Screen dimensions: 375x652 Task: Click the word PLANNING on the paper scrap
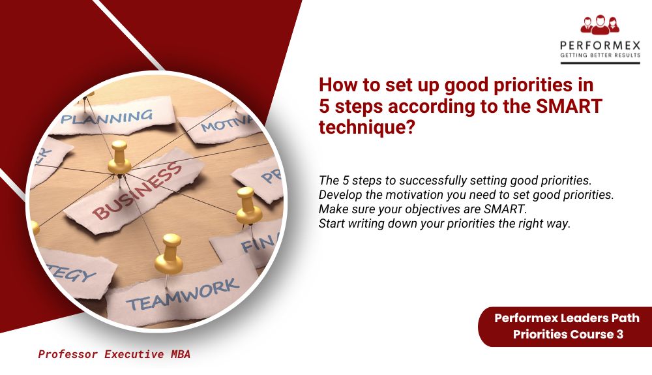pos(106,118)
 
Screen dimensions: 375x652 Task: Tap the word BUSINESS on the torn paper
pos(137,190)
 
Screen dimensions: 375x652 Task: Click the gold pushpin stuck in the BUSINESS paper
pos(119,155)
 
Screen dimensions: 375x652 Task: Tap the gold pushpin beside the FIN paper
pos(248,206)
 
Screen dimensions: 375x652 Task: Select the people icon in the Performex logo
pos(600,25)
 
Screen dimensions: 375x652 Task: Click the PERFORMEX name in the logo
pos(600,46)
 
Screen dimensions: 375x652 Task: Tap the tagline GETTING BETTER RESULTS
pos(600,56)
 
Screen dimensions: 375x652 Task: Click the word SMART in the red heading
pos(574,106)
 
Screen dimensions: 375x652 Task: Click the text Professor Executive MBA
pos(114,355)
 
